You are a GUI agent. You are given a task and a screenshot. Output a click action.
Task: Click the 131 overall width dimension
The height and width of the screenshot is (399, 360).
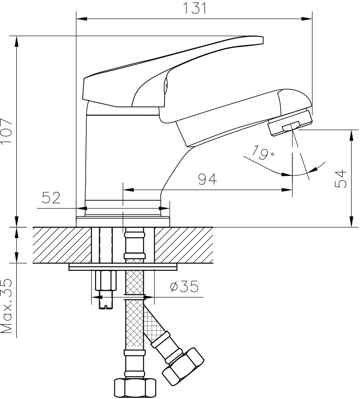(194, 9)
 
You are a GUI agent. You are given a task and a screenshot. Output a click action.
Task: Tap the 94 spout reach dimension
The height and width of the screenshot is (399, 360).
(208, 179)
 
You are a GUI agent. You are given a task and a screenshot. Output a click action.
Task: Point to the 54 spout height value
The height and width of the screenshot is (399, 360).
(341, 179)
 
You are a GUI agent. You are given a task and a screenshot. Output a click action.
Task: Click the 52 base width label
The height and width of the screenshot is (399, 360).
(51, 198)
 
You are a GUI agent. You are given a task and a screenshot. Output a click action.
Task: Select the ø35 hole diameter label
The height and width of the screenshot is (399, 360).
(184, 286)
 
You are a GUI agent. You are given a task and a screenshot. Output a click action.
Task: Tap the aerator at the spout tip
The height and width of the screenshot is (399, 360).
(290, 122)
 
